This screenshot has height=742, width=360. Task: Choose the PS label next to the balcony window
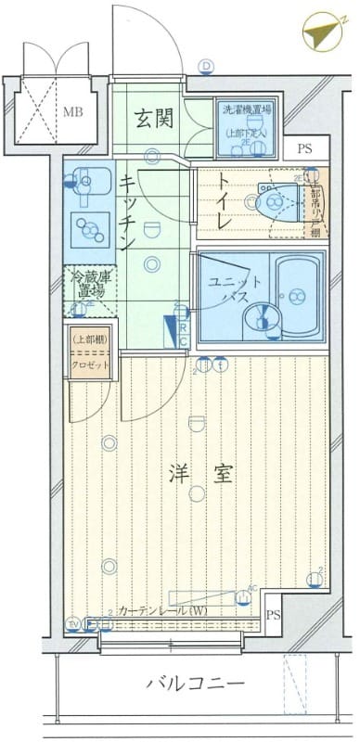click(273, 615)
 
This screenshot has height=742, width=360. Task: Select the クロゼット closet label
click(90, 365)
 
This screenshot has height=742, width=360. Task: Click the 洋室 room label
click(199, 473)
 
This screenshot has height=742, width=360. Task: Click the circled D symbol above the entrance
click(207, 66)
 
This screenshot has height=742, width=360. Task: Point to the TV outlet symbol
click(73, 622)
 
